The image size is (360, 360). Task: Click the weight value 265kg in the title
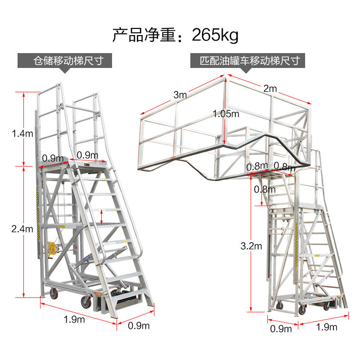click(215, 35)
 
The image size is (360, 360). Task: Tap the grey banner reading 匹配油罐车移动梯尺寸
click(250, 60)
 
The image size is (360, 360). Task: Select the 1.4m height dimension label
click(22, 133)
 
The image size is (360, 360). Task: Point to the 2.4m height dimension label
click(22, 229)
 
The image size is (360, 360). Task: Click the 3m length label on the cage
click(180, 94)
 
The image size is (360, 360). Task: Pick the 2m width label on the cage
click(270, 89)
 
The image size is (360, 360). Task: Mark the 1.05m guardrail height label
click(226, 114)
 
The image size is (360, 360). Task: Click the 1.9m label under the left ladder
click(74, 319)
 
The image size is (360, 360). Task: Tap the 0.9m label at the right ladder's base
click(281, 329)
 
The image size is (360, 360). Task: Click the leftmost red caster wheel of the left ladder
click(54, 295)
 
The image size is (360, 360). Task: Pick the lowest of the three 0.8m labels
click(265, 189)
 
